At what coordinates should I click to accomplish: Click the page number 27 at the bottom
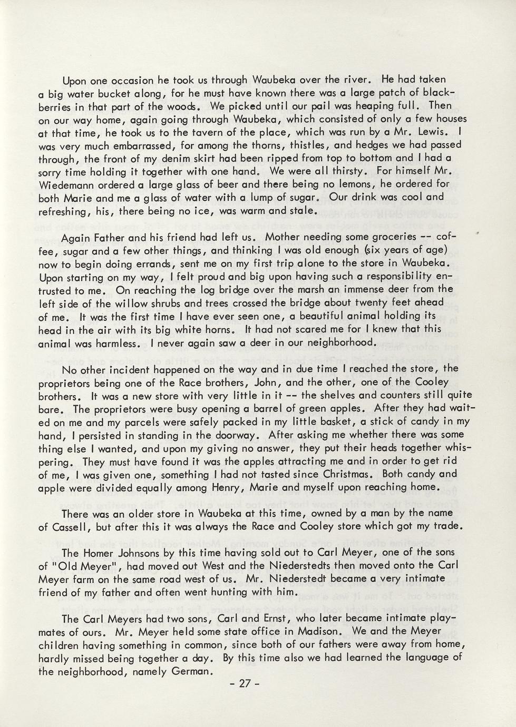tap(243, 684)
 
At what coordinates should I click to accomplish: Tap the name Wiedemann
tap(64, 185)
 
